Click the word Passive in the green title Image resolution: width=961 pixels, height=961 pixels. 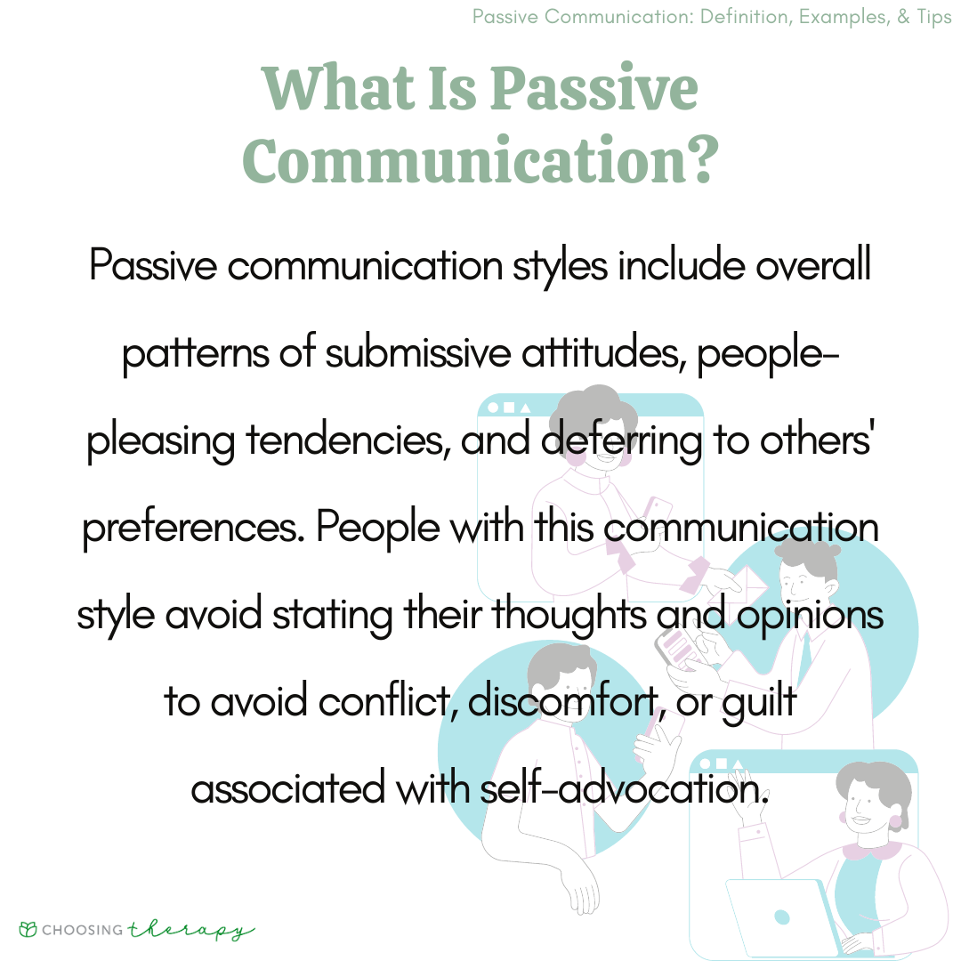click(594, 90)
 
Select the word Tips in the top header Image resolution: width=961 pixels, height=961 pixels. click(934, 17)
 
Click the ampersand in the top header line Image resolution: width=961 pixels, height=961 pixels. click(903, 17)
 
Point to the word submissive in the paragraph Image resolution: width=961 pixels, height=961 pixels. click(417, 352)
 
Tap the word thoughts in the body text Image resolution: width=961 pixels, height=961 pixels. click(569, 615)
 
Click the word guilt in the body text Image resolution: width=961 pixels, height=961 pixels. click(759, 703)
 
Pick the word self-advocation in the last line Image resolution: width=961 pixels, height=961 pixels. click(624, 788)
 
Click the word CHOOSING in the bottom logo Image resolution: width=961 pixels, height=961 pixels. click(82, 930)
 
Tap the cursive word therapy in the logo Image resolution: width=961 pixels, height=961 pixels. click(190, 931)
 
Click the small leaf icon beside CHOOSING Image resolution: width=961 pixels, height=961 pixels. click(28, 929)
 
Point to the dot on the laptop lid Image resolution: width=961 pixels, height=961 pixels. click(781, 917)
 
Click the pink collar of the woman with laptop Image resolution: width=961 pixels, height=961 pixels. click(872, 850)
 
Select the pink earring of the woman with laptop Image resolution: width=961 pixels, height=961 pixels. click(895, 821)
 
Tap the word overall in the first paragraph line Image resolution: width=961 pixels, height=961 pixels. click(812, 266)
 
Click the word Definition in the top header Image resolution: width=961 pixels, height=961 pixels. click(745, 17)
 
